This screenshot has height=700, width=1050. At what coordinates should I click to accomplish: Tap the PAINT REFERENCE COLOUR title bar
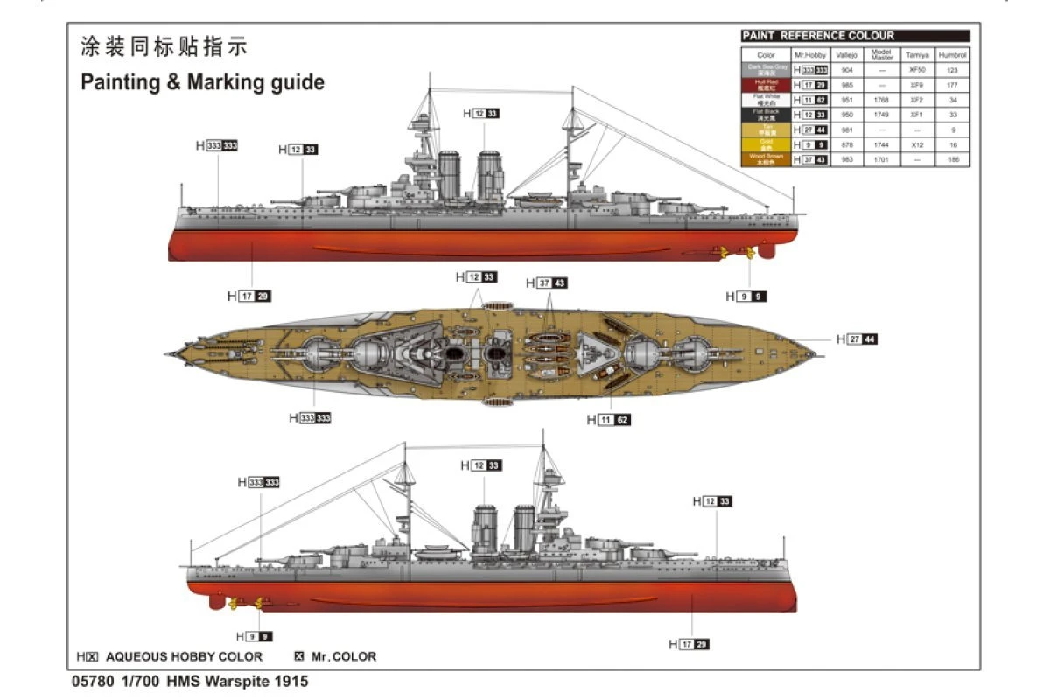point(855,36)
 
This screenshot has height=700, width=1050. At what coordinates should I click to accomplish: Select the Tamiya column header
point(916,54)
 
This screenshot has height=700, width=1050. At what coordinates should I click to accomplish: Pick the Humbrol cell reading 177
point(953,85)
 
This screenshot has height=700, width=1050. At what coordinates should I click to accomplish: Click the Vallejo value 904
point(846,69)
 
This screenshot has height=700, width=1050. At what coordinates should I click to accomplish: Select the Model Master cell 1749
point(881,115)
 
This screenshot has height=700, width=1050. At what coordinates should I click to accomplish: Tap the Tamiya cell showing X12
point(916,144)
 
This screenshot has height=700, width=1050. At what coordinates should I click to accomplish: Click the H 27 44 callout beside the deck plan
point(857,339)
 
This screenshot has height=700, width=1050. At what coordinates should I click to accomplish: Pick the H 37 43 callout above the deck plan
point(547,283)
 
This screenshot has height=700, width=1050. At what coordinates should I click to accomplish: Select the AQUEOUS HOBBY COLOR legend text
point(184,656)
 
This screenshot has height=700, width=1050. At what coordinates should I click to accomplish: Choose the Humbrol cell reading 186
point(953,159)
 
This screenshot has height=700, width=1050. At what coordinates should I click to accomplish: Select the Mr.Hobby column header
point(809,54)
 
